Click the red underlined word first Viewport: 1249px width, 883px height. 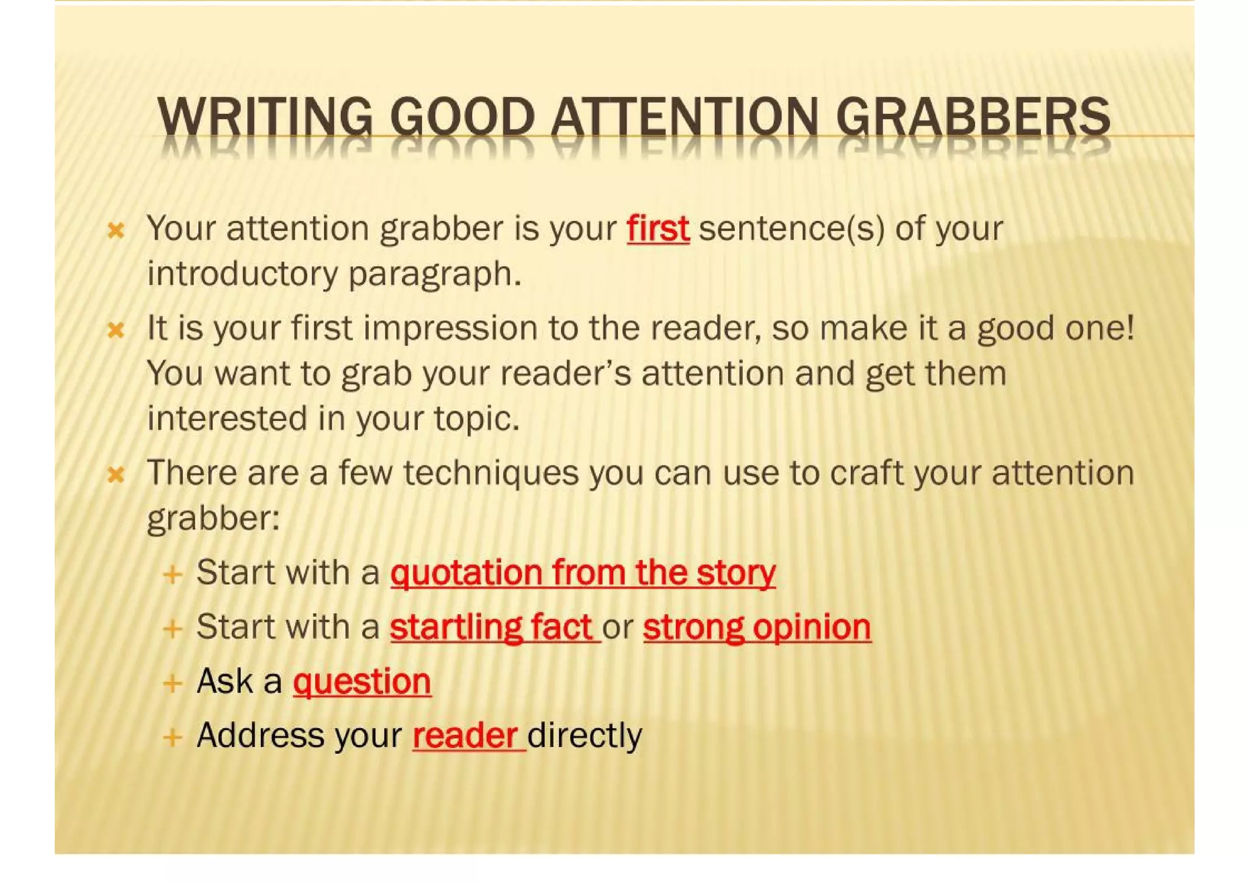[657, 229]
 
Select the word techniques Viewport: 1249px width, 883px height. [490, 474]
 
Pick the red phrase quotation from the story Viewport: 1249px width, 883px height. [582, 574]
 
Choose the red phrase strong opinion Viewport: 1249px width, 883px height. [756, 627]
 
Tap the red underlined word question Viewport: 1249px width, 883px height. [362, 682]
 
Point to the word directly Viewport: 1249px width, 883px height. [584, 735]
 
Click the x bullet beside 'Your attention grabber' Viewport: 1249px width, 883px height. [115, 231]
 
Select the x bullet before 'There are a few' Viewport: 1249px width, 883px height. [115, 475]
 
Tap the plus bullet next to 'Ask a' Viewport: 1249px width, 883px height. [173, 683]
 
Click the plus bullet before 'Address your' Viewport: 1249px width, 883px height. [173, 737]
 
